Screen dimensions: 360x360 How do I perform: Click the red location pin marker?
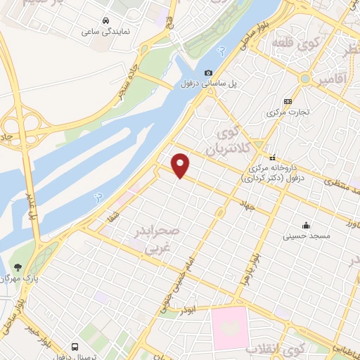coord(181,165)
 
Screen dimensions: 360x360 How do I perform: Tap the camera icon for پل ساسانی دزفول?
coord(209,73)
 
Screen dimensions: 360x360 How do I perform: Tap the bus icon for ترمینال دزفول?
coord(75,347)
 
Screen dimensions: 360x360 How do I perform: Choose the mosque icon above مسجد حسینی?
coord(306,226)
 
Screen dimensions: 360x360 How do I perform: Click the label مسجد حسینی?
coord(306,237)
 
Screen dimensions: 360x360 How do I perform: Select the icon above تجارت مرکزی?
coord(288,101)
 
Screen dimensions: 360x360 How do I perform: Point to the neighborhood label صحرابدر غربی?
coord(158,239)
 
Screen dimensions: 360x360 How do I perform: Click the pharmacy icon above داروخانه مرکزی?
coord(272,157)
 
